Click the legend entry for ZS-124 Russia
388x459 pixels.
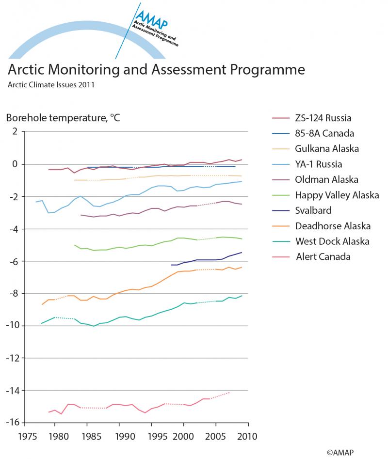(x=323, y=118)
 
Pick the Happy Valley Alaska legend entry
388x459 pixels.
(x=337, y=195)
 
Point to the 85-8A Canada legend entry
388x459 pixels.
(x=324, y=133)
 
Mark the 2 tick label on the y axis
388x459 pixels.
(x=15, y=131)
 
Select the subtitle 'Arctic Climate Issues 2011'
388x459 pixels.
(x=50, y=85)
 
